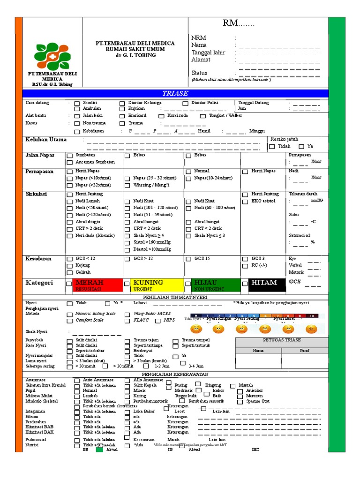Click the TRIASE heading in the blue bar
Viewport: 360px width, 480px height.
175,93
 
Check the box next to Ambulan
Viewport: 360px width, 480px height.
77,109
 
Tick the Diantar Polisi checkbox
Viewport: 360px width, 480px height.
186,103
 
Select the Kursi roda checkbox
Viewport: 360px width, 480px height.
161,116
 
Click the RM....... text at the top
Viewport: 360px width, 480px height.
238,24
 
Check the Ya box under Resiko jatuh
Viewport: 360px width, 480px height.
301,147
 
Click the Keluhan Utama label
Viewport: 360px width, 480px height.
46,140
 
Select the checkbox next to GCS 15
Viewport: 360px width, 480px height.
188,259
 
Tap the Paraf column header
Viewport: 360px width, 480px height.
305,350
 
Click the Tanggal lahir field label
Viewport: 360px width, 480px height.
208,52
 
